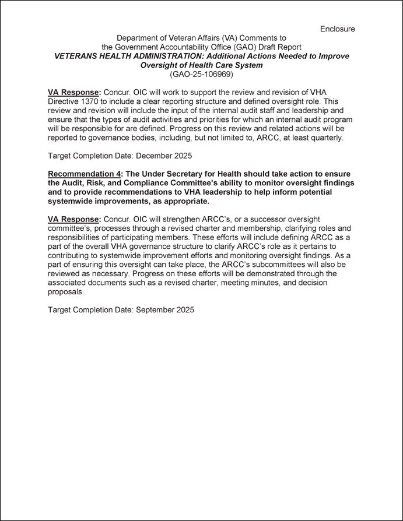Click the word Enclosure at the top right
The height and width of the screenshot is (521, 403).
pos(337,29)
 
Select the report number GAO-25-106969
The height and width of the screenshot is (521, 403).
pos(201,74)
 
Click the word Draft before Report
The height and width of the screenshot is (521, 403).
pos(262,47)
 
